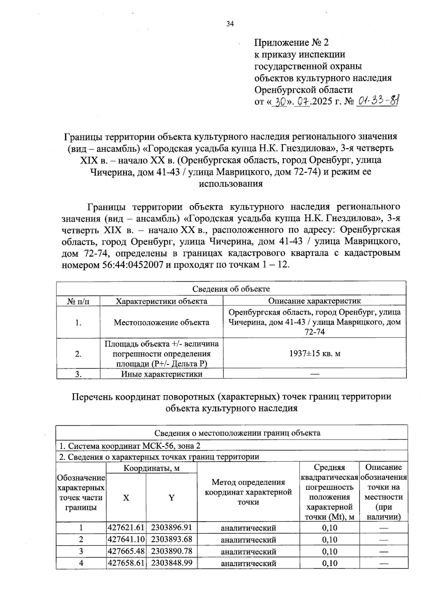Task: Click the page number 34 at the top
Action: [x=230, y=24]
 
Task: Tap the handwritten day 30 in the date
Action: [x=282, y=102]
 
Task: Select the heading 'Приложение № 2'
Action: [x=291, y=43]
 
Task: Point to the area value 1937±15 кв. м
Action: [x=315, y=354]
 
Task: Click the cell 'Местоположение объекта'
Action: [x=161, y=322]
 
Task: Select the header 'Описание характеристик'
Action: [x=315, y=301]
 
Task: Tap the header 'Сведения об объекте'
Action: [x=231, y=289]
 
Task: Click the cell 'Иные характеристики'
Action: [x=161, y=374]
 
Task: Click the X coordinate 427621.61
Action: [x=126, y=527]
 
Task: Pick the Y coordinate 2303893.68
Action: [x=172, y=539]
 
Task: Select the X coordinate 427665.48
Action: [x=126, y=551]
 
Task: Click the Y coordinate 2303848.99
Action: [x=172, y=563]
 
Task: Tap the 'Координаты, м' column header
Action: [x=152, y=468]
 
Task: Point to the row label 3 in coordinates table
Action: [x=81, y=551]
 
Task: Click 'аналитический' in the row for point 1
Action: [x=248, y=528]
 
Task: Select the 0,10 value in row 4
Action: [x=330, y=563]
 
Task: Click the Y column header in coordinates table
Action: [x=172, y=498]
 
